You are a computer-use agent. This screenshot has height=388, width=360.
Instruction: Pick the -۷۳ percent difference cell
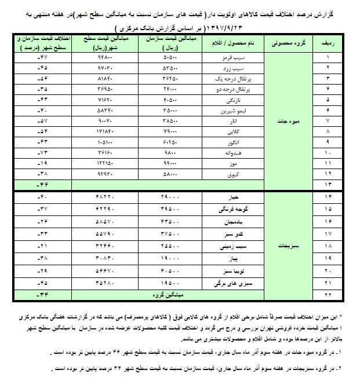42,153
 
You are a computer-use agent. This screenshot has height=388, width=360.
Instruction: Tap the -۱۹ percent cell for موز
42,163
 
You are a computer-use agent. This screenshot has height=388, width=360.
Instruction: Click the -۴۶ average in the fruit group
42,184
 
